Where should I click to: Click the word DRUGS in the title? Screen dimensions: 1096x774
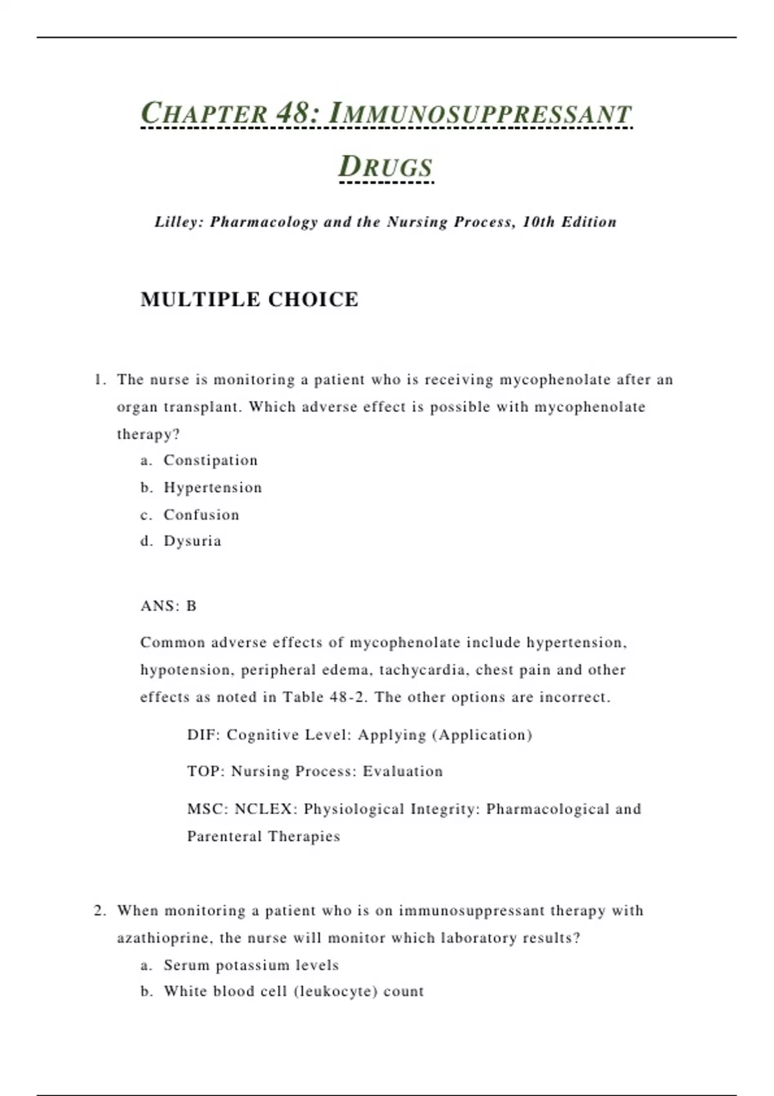coord(386,167)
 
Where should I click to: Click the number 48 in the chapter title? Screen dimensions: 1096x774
coord(293,113)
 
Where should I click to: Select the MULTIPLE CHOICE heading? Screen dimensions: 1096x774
coord(249,300)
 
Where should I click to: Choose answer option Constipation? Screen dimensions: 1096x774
coord(210,460)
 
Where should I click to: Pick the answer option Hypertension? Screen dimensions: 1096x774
coord(213,487)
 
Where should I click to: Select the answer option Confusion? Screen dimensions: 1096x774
coord(201,514)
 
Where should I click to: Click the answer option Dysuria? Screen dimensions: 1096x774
coord(192,541)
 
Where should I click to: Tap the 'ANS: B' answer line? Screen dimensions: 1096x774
coord(168,606)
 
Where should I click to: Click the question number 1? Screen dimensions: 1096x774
coord(99,380)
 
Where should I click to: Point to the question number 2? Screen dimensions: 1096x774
coord(99,910)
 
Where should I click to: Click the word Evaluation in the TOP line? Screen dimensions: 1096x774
coord(402,772)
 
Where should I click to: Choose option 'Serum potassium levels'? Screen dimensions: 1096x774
coord(251,965)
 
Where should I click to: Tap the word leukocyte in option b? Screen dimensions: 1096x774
coord(335,992)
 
